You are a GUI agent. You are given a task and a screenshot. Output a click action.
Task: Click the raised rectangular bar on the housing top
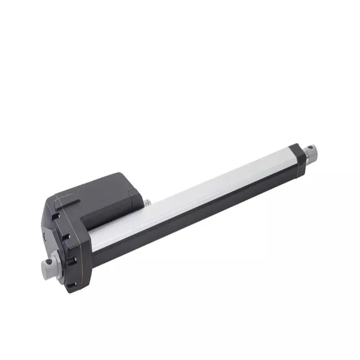pos(67,203)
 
